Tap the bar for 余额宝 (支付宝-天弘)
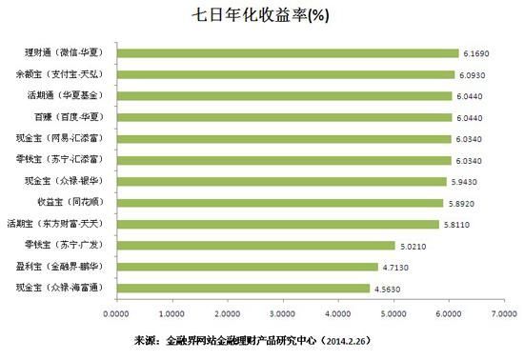285,73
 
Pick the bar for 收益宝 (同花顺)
279,202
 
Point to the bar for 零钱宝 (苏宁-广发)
255,245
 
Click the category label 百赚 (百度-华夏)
68,116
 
